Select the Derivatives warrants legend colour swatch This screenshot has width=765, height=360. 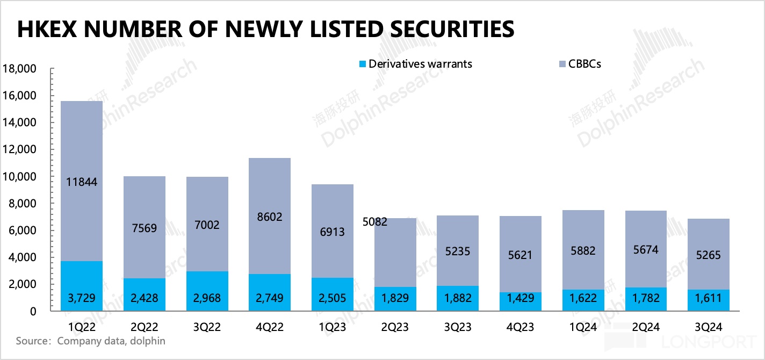tap(363, 64)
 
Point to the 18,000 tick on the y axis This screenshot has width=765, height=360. tap(19, 69)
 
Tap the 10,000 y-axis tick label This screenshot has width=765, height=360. tap(19, 177)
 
